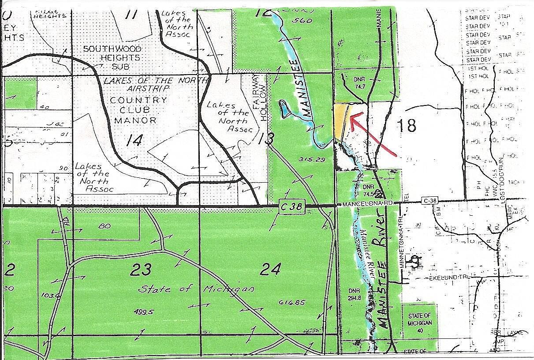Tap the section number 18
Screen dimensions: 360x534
[x=406, y=126]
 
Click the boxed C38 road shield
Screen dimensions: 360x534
[x=292, y=206]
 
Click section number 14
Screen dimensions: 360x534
[x=134, y=141]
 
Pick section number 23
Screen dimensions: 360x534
[x=141, y=269]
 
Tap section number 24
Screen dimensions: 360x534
[x=270, y=269]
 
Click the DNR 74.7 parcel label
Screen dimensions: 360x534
[x=360, y=83]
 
